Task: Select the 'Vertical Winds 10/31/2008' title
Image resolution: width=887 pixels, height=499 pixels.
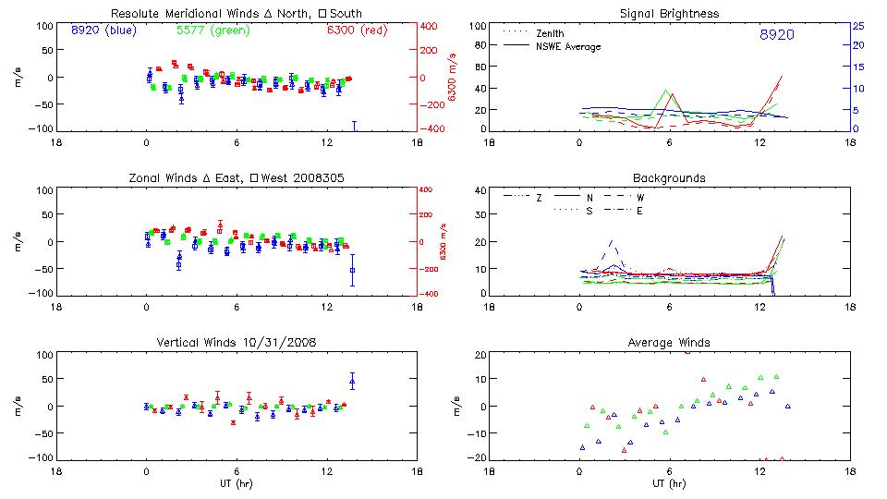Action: (x=236, y=342)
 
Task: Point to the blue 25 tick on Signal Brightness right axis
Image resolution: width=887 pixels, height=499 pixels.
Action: (x=857, y=26)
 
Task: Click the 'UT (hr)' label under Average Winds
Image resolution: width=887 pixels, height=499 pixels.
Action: (x=668, y=483)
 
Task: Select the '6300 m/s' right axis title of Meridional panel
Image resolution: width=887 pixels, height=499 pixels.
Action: (x=452, y=78)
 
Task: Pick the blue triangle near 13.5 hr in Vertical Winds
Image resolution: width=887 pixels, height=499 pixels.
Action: (x=352, y=382)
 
